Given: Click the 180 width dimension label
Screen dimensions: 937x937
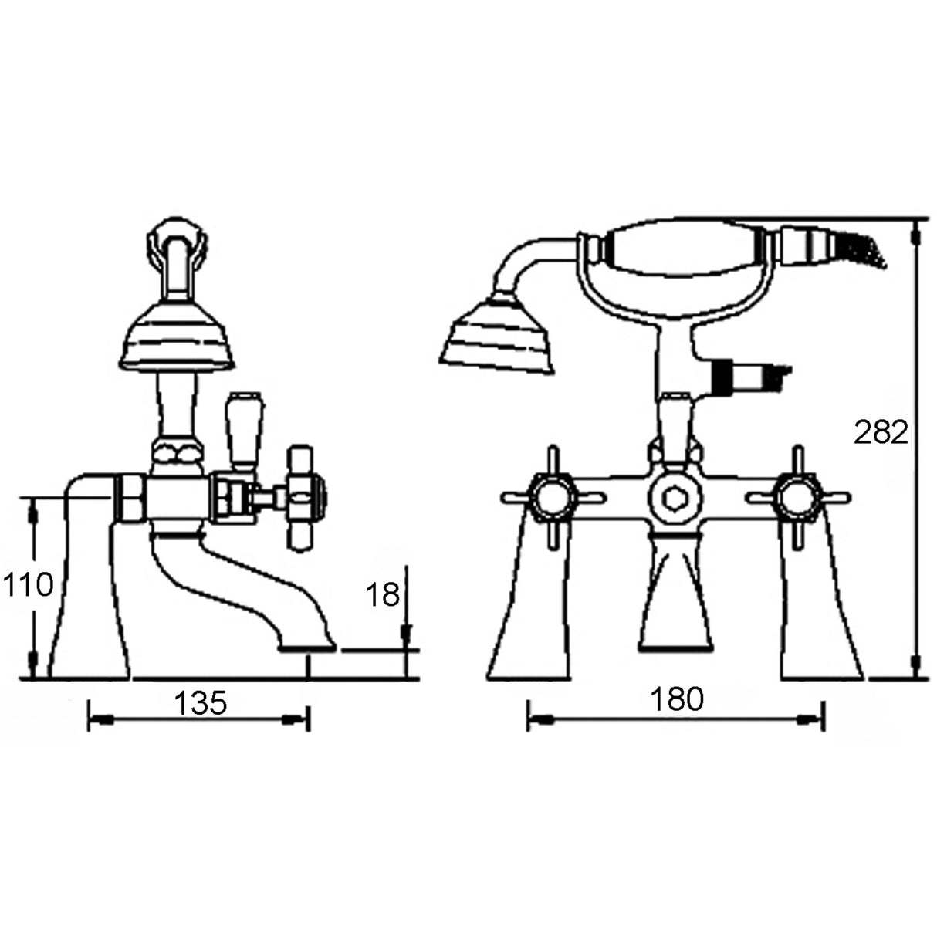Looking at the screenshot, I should (677, 699).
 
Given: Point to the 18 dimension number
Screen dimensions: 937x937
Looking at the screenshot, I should (381, 594).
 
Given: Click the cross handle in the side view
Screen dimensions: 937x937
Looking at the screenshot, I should (305, 498).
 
